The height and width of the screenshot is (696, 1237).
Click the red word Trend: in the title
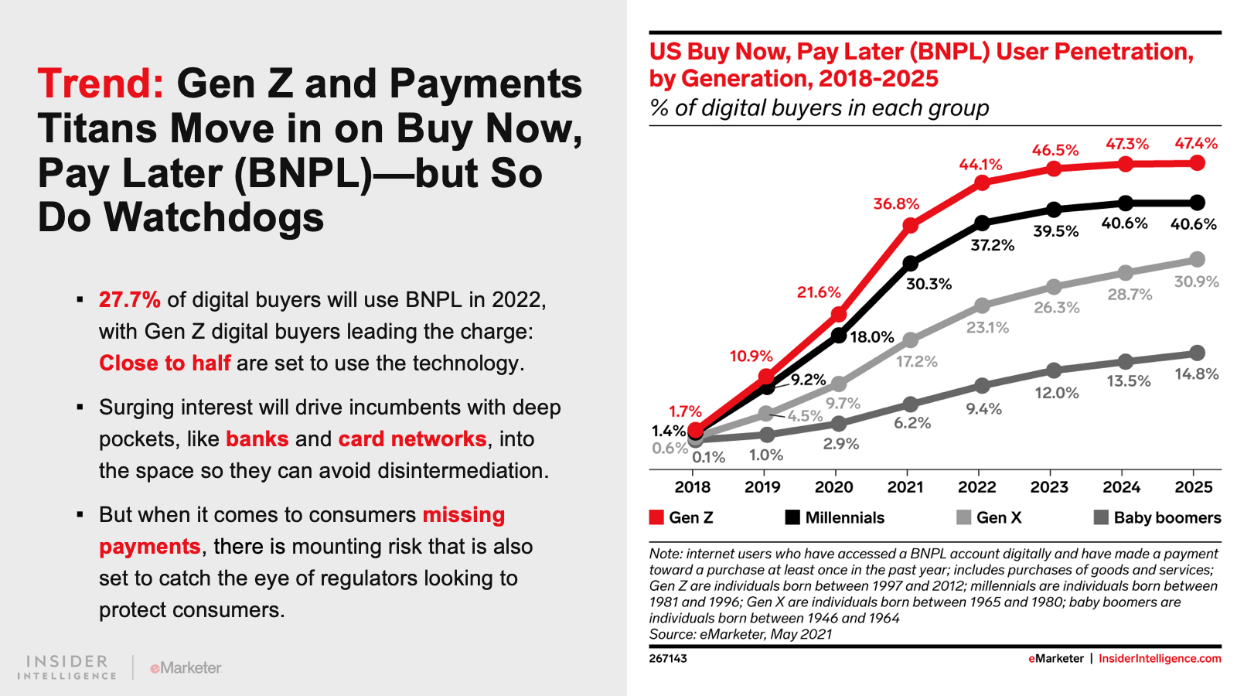pyautogui.click(x=101, y=84)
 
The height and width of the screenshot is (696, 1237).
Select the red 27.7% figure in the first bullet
pyautogui.click(x=129, y=300)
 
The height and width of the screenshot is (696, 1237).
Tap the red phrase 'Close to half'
pyautogui.click(x=165, y=363)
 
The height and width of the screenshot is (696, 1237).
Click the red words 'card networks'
pyautogui.click(x=412, y=439)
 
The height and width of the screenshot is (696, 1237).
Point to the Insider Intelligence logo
pyautogui.click(x=67, y=667)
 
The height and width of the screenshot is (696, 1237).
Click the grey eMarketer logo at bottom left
pyautogui.click(x=186, y=667)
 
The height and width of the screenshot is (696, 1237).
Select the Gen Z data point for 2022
pyautogui.click(x=982, y=183)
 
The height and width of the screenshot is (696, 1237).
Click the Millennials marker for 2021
pyautogui.click(x=911, y=264)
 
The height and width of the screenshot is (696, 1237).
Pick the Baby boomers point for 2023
pyautogui.click(x=1054, y=370)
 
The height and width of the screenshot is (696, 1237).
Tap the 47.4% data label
pyautogui.click(x=1196, y=144)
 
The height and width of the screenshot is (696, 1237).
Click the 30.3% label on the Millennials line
pyautogui.click(x=929, y=285)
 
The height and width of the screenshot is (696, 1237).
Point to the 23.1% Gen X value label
pyautogui.click(x=987, y=328)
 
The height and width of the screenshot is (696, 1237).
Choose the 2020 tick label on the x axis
pyautogui.click(x=833, y=487)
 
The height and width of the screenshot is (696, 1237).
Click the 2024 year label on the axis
pyautogui.click(x=1121, y=487)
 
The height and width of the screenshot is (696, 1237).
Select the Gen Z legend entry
pyautogui.click(x=681, y=518)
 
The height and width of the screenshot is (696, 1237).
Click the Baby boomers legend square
pyautogui.click(x=1102, y=517)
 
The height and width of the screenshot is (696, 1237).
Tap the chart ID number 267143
pyautogui.click(x=668, y=659)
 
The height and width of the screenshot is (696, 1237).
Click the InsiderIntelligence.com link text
pyautogui.click(x=1160, y=659)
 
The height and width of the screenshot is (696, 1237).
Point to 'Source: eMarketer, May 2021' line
pyautogui.click(x=741, y=635)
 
